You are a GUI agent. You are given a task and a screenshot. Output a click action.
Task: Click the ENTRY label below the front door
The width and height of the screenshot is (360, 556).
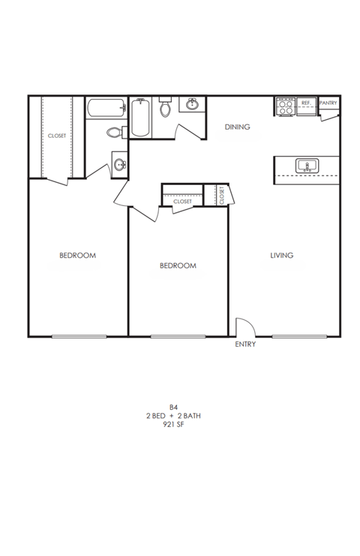click(x=245, y=345)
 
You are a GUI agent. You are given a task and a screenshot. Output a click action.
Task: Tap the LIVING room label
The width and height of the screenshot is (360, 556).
click(x=281, y=256)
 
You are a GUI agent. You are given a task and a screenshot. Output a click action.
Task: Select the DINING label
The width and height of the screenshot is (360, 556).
click(x=237, y=127)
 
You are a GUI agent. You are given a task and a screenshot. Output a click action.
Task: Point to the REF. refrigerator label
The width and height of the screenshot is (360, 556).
click(x=306, y=103)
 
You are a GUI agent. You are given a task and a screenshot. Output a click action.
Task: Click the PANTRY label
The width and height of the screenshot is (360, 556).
click(x=328, y=103)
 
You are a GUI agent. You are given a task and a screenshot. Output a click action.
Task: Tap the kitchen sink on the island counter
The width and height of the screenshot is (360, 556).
click(x=306, y=165)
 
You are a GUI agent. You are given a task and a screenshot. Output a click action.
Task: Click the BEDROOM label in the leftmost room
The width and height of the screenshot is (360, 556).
click(x=77, y=256)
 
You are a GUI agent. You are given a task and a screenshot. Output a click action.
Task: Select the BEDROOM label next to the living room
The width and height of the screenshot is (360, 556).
click(x=178, y=265)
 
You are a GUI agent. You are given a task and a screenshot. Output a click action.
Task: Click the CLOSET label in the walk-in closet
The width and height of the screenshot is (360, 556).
click(x=57, y=136)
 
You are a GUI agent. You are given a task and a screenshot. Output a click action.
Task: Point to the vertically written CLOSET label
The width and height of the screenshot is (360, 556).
click(x=223, y=194)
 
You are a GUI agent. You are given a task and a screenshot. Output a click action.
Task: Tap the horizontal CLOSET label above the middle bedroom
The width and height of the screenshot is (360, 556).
click(x=182, y=202)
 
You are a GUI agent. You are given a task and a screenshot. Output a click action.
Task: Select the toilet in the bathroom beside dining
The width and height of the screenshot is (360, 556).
click(x=166, y=109)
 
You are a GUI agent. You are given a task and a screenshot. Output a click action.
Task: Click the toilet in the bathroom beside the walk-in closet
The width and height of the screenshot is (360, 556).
click(x=114, y=133)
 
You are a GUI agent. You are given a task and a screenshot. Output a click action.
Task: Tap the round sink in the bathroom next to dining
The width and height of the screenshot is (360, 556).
click(x=193, y=104)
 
